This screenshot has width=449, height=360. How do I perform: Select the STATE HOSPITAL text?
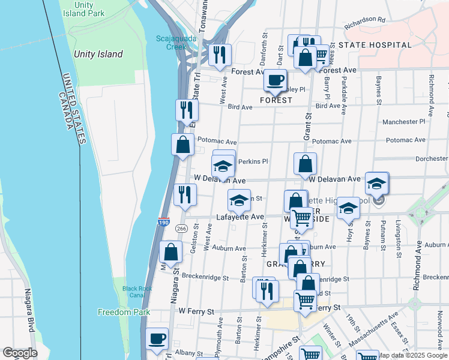point(375,45)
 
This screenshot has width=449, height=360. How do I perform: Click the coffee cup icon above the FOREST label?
point(276,80)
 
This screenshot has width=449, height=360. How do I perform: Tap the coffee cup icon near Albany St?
point(157,338)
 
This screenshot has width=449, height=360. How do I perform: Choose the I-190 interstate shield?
point(164,222)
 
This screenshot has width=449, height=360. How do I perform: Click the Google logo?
point(20,353)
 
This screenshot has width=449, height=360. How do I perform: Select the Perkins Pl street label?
point(253,161)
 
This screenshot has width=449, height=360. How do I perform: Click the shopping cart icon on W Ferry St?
point(305,299)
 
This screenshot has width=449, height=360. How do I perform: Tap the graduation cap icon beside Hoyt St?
point(348,208)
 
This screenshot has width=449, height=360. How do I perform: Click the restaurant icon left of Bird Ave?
point(186,110)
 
